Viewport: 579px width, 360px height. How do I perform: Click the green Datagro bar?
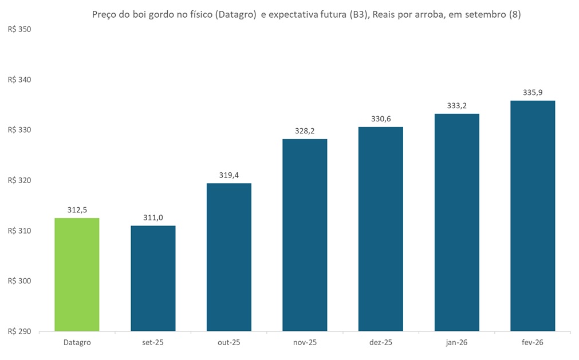[x=77, y=275]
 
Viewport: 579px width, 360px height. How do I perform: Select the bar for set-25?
[x=153, y=278]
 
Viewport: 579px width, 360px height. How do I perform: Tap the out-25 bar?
[x=229, y=257]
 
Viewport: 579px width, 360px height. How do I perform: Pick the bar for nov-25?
[x=305, y=235]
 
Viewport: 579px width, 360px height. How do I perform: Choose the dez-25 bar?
[x=381, y=229]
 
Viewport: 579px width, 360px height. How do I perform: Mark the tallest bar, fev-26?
[x=533, y=216]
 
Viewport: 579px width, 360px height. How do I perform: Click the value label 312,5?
[x=77, y=209]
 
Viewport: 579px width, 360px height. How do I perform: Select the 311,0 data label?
[x=153, y=217]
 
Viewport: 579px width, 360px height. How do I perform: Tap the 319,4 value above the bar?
[x=229, y=175]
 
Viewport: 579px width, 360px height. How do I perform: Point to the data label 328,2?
[x=305, y=130]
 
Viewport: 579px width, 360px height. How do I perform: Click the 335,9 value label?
[x=533, y=92]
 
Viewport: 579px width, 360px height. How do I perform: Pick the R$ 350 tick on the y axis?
[x=19, y=29]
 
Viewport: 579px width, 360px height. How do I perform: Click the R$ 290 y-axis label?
[x=19, y=331]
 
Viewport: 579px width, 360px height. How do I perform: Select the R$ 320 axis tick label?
[x=19, y=180]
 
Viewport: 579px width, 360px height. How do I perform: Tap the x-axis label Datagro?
[x=77, y=342]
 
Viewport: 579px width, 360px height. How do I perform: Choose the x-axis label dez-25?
[x=381, y=342]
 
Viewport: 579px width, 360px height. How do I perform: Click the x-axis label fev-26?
[x=533, y=342]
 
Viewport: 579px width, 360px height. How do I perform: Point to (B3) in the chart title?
[x=355, y=15]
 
